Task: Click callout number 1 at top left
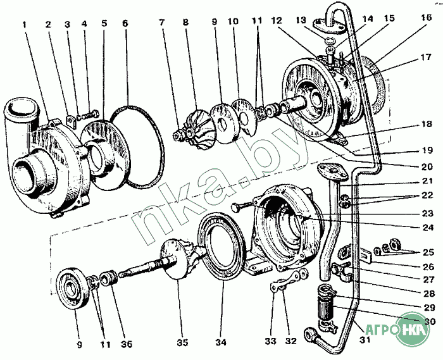pos(25,25)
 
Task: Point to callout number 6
pos(125,25)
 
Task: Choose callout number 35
pos(182,344)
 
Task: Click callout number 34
pos(220,344)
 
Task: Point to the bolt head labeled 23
pos(237,206)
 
